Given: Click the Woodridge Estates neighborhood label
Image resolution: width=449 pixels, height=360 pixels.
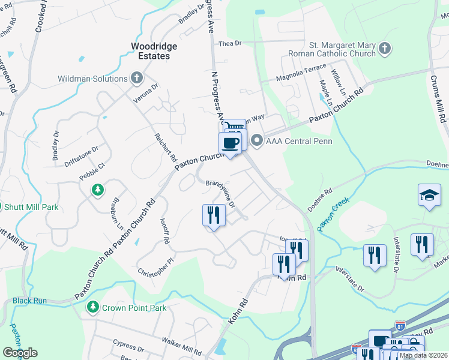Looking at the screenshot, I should (x=151, y=50).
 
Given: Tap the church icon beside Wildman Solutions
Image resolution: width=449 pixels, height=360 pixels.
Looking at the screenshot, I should (x=137, y=79).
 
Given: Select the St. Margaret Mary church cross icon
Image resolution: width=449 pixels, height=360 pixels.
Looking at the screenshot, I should (x=385, y=48).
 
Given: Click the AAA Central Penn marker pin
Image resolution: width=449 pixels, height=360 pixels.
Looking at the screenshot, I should (x=258, y=141).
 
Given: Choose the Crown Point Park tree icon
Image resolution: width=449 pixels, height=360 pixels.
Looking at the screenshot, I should (x=92, y=307).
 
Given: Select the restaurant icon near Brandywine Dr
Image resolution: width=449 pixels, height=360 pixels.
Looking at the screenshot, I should (x=214, y=215).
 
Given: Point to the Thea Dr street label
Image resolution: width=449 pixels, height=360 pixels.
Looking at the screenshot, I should (x=229, y=44).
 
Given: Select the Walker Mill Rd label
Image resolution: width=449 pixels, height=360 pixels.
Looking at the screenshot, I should (x=181, y=344).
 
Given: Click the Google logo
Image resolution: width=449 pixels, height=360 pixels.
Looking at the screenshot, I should (x=19, y=353).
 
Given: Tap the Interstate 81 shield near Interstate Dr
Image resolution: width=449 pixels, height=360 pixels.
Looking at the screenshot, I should (x=400, y=327).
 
